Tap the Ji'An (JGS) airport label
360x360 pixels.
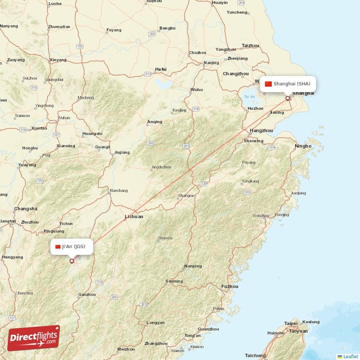pos(72,247)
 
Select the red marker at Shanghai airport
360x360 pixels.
pos(288,98)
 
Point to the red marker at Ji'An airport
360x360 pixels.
pos(72,261)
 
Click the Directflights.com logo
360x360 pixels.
pos(34,337)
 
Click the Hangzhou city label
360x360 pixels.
pos(261,130)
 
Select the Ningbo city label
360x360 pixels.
pos(303,146)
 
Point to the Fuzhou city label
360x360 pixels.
pos(229,286)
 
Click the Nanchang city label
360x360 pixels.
pos(118,190)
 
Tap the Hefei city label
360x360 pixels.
pos(160,69)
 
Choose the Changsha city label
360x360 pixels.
pos(26,209)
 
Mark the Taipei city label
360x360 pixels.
pos(291,323)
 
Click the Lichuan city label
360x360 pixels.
pos(134,216)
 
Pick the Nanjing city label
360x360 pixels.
pos(211,63)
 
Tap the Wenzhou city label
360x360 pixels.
pos(261,216)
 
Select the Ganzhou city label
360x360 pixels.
pos(87,295)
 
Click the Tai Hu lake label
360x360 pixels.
pos(249,96)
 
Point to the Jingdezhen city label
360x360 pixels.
pos(161,167)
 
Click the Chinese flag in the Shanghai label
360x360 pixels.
pos(269,84)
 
